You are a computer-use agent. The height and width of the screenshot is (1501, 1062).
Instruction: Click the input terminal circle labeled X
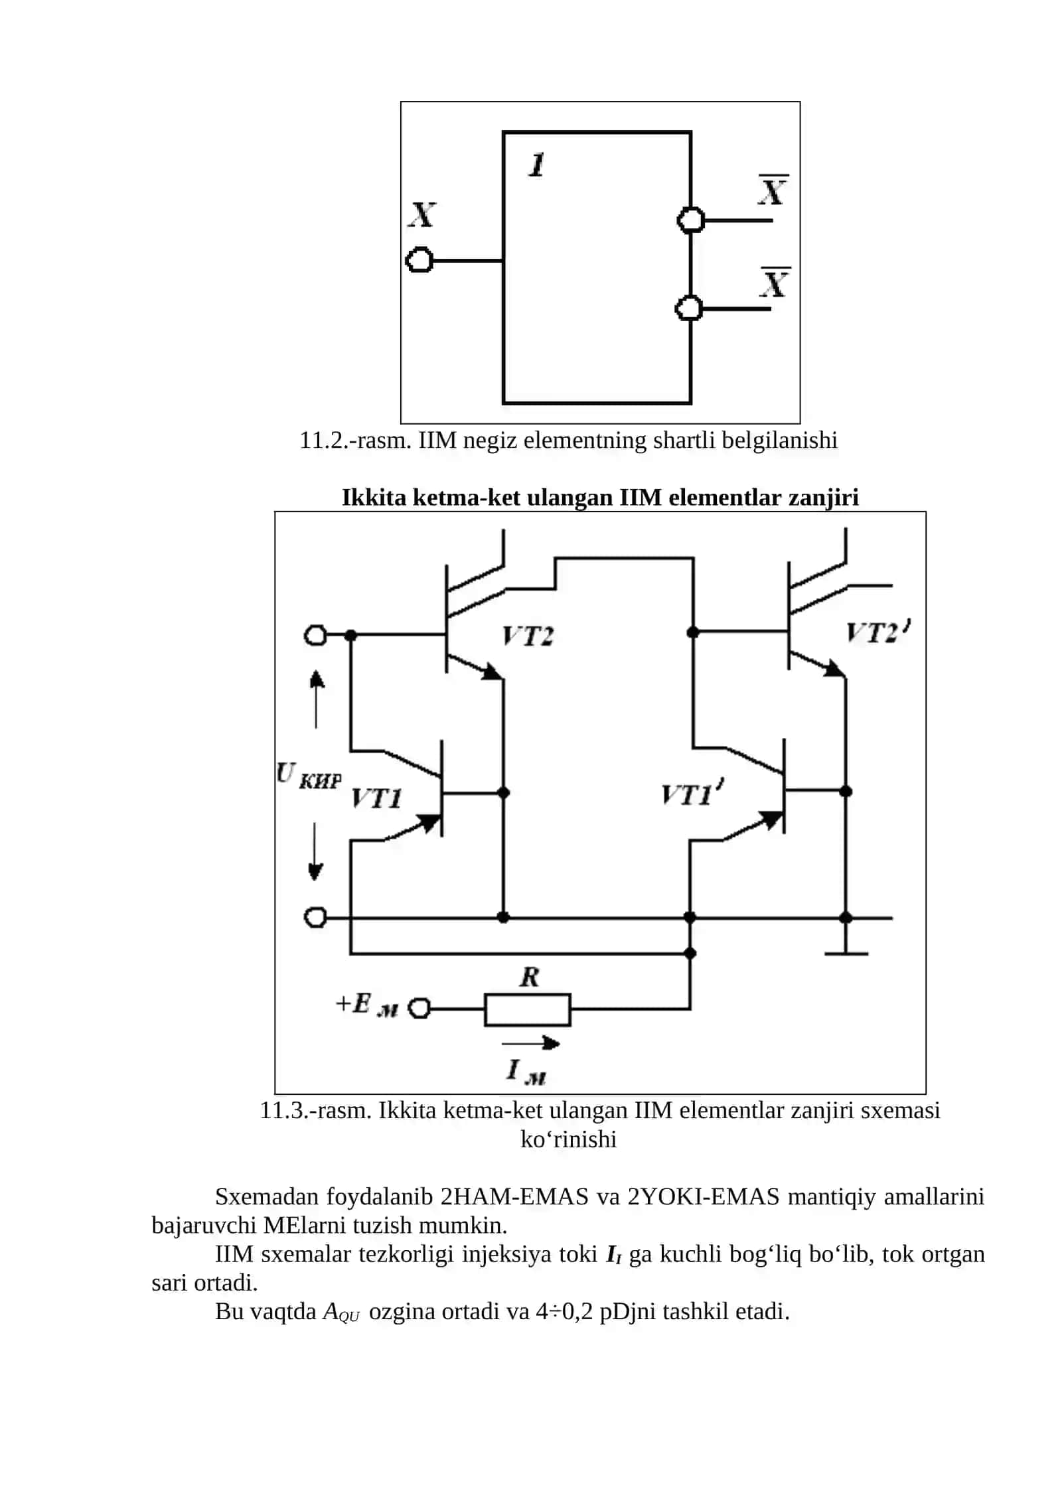click(419, 260)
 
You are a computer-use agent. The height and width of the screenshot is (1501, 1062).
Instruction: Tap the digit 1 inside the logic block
click(536, 165)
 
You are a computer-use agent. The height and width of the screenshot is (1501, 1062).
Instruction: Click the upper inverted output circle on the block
click(690, 220)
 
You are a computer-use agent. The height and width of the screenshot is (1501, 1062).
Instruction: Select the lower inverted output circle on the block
click(689, 309)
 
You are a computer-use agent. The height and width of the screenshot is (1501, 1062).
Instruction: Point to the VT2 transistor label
click(528, 636)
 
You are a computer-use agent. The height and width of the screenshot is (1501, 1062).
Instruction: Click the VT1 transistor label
click(376, 798)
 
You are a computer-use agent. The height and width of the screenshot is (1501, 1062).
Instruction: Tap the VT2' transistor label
click(878, 632)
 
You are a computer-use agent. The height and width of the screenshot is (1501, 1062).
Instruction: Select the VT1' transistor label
click(692, 793)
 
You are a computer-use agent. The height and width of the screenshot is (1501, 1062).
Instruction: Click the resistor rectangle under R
click(527, 1009)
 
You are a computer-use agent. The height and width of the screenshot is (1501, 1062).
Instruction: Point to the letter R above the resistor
click(529, 977)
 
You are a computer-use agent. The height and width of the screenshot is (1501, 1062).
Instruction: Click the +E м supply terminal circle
click(419, 1009)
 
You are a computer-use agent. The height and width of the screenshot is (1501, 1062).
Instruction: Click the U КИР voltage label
click(309, 776)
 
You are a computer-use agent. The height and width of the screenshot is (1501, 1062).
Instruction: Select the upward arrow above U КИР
click(317, 699)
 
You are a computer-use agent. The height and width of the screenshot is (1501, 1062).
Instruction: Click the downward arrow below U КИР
click(316, 851)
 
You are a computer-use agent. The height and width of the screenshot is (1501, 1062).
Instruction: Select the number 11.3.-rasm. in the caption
click(315, 1110)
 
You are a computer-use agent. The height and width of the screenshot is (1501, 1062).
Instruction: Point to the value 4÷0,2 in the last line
click(564, 1312)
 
